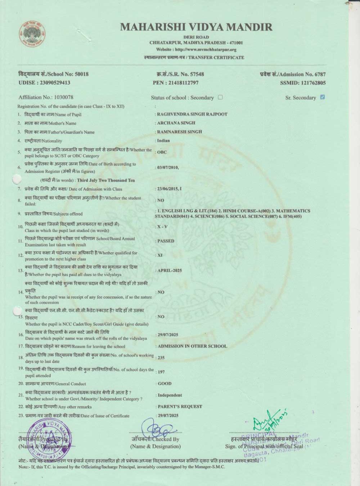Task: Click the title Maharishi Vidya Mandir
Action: pyautogui.click(x=196, y=27)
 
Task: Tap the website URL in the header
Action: pyautogui.click(x=196, y=50)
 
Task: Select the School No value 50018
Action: pyautogui.click(x=81, y=74)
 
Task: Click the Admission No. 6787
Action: pyautogui.click(x=320, y=75)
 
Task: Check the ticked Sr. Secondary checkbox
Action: pyautogui.click(x=323, y=97)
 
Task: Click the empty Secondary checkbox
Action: pyautogui.click(x=220, y=97)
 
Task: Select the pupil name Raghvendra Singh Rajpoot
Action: pyautogui.click(x=192, y=114)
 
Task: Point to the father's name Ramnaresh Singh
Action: pyautogui.click(x=179, y=132)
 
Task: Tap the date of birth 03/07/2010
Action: pyautogui.click(x=167, y=167)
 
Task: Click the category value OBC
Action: pyautogui.click(x=162, y=152)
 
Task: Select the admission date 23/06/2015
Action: pyautogui.click(x=167, y=189)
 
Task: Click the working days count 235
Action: pyautogui.click(x=161, y=357)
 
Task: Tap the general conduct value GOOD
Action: pyautogui.click(x=165, y=383)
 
